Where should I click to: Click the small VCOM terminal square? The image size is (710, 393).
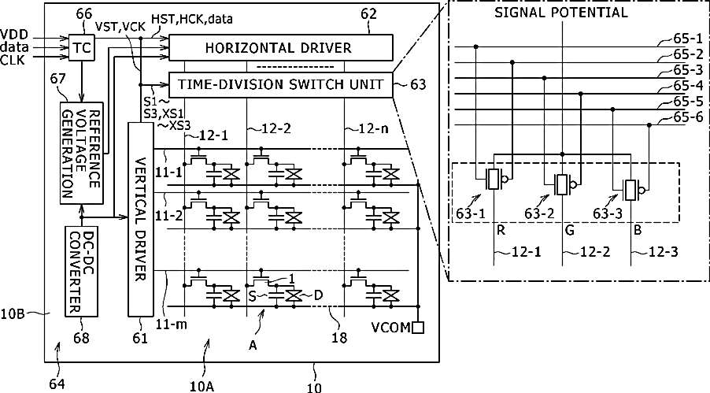[418, 326]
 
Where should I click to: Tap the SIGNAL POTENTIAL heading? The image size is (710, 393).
[561, 13]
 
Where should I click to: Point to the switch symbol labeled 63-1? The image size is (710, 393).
[494, 180]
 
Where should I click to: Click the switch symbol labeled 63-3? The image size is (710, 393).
[630, 190]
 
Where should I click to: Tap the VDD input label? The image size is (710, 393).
[17, 35]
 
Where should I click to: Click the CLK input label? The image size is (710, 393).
[15, 58]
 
